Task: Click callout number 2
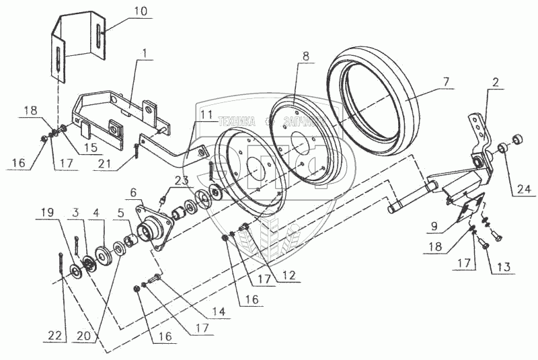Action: (495, 84)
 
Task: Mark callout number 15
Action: (88, 147)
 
